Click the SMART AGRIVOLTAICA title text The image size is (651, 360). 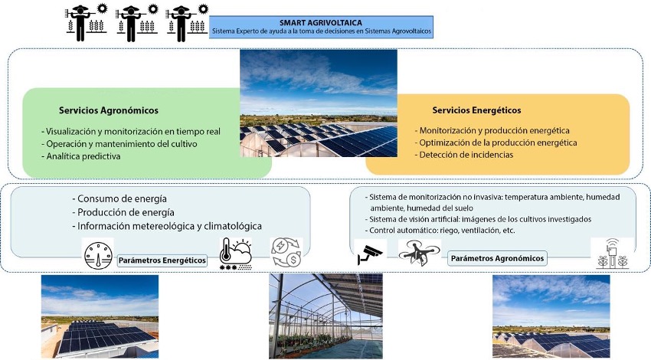pyautogui.click(x=320, y=23)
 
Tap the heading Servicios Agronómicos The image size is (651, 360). pyautogui.click(x=108, y=110)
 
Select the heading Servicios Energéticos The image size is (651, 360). pyautogui.click(x=476, y=110)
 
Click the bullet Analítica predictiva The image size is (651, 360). pyautogui.click(x=81, y=156)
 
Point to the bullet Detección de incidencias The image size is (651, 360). pyautogui.click(x=464, y=155)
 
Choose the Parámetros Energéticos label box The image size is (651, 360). pyautogui.click(x=162, y=260)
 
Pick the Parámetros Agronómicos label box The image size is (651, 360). pyautogui.click(x=497, y=258)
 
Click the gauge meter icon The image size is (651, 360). pyautogui.click(x=98, y=255)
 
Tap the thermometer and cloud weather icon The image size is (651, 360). pyautogui.click(x=235, y=254)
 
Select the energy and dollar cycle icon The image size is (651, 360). pyautogui.click(x=286, y=252)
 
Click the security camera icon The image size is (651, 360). pyautogui.click(x=370, y=254)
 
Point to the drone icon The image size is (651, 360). pyautogui.click(x=420, y=252)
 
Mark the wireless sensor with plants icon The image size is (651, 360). pyautogui.click(x=612, y=254)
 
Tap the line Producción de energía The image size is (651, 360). pyautogui.click(x=123, y=213)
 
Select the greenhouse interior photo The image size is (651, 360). pyautogui.click(x=325, y=316)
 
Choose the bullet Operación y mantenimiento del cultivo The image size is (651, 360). pyautogui.click(x=119, y=144)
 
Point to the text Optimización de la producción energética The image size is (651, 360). pyautogui.click(x=496, y=142)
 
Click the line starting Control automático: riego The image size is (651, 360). pyautogui.click(x=440, y=231)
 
